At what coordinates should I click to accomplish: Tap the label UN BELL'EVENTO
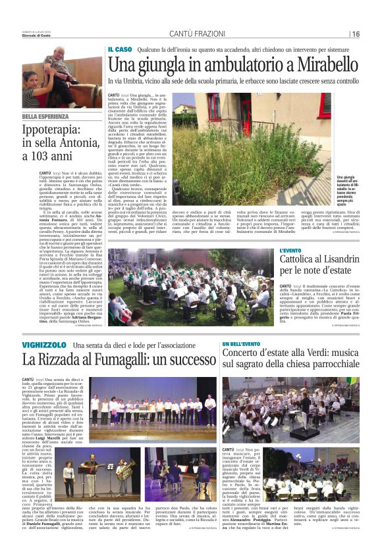click(240, 344)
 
